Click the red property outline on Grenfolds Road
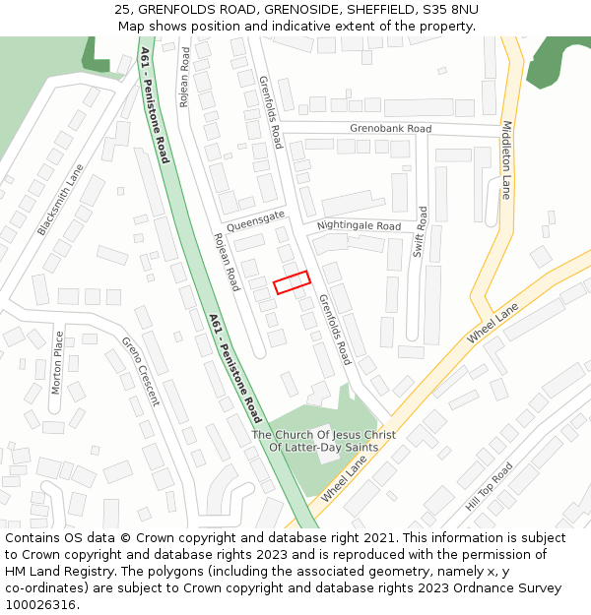pos(292,282)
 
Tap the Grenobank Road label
pos(390,129)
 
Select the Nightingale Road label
pos(359,226)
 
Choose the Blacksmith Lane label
pos(61,200)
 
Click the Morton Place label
pos(57,363)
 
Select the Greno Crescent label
pos(140,371)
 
